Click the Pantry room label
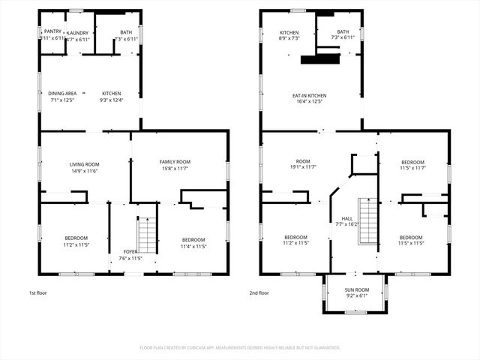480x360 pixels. (52, 31)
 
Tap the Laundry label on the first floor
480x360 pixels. (77, 33)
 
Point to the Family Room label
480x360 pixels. (175, 161)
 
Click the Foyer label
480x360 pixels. (130, 252)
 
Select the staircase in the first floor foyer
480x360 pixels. (146, 235)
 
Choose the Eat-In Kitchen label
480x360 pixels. (309, 95)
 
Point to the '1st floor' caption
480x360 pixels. (38, 293)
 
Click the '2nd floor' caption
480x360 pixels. (259, 293)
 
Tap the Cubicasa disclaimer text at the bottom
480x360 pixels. (240, 347)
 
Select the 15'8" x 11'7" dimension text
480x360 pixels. (175, 168)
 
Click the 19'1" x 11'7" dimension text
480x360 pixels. (303, 168)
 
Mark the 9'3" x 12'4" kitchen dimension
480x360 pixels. (111, 100)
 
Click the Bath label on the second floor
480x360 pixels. (343, 32)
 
